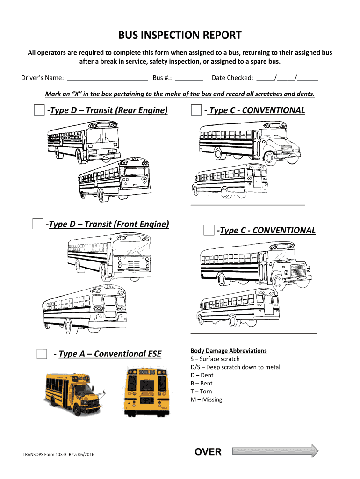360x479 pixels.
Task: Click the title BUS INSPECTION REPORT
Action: pyautogui.click(x=180, y=36)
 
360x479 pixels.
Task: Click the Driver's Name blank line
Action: pyautogui.click(x=108, y=78)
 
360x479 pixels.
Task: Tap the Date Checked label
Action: pyautogui.click(x=232, y=78)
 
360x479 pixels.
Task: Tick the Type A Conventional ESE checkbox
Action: pyautogui.click(x=42, y=354)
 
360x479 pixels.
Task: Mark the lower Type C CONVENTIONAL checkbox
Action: pyautogui.click(x=209, y=230)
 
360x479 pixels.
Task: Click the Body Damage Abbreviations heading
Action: pyautogui.click(x=229, y=351)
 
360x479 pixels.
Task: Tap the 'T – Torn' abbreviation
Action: pyautogui.click(x=201, y=392)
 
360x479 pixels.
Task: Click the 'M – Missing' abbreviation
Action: pyautogui.click(x=206, y=399)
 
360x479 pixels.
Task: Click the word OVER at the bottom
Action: pyautogui.click(x=208, y=451)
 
